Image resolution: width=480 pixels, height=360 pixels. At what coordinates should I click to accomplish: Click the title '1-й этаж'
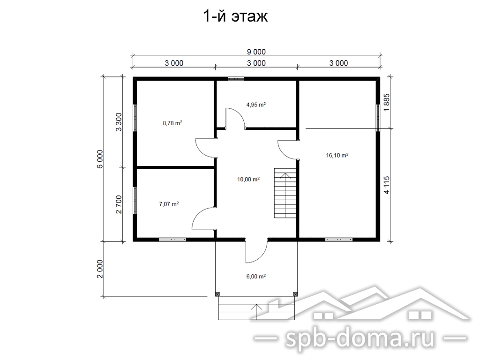coord(235,16)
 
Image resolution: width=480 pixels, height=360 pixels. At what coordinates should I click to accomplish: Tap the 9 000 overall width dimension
coord(256,52)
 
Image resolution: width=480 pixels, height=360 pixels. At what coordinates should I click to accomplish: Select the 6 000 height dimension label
coord(100,159)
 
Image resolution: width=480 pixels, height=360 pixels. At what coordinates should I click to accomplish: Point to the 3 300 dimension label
coord(119,122)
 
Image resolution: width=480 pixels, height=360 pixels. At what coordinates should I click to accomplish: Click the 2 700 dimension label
coord(119,204)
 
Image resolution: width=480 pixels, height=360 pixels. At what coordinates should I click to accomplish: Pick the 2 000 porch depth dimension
coord(100,269)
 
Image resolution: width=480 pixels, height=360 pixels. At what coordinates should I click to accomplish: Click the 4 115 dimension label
coord(387,185)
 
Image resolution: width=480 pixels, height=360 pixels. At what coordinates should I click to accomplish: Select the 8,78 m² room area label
coord(172,123)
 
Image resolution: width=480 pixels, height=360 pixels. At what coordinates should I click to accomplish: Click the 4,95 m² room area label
coord(256,105)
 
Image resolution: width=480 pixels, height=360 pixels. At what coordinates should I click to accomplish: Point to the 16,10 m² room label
coord(337,155)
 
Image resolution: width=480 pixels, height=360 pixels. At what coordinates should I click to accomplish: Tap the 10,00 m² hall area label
coord(248,179)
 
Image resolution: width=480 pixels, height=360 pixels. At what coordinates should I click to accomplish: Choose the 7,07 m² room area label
coord(169,204)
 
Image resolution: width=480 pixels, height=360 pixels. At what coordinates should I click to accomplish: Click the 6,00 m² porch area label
coord(256,276)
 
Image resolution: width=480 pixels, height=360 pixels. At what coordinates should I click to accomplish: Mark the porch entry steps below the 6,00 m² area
coord(256,308)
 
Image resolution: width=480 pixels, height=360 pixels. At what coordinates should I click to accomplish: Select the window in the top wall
coord(236,79)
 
